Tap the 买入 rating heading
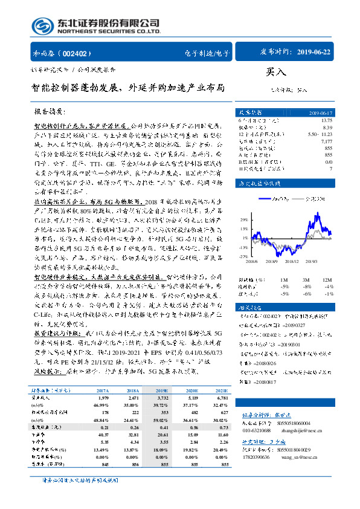(x=275, y=73)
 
